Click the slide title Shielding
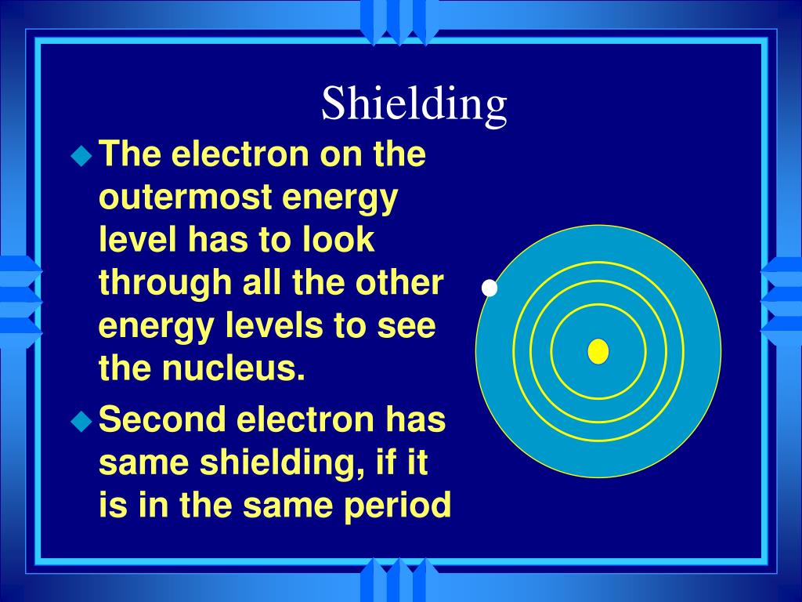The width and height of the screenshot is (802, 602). click(414, 104)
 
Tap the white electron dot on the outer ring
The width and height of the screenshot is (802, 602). click(490, 288)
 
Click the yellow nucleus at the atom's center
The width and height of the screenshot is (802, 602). click(598, 351)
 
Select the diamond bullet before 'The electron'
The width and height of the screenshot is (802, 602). click(81, 156)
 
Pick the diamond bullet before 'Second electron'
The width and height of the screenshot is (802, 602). click(81, 422)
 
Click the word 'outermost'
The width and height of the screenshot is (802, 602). click(186, 197)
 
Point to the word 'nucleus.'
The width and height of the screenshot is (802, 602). click(233, 368)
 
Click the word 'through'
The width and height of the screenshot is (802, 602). click(166, 283)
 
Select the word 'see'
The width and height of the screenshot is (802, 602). click(406, 326)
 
